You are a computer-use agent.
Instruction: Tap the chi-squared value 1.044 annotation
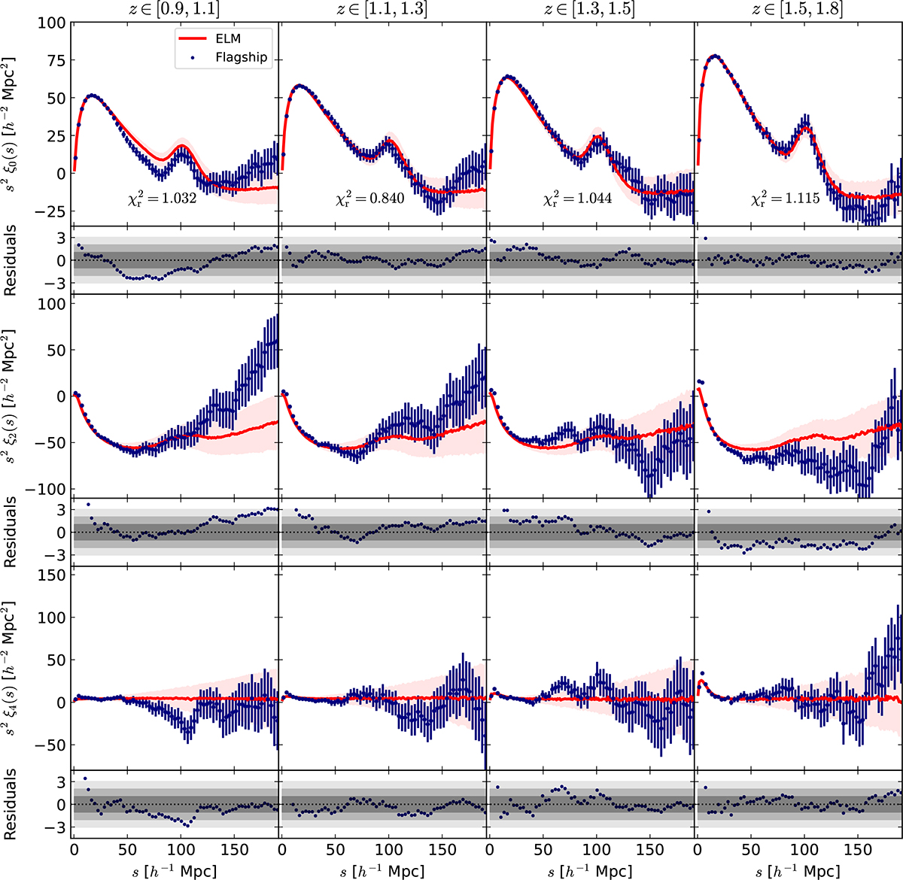[x=579, y=199]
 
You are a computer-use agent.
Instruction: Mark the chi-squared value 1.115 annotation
[x=786, y=199]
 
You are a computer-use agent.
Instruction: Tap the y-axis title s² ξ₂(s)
[x=14, y=397]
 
